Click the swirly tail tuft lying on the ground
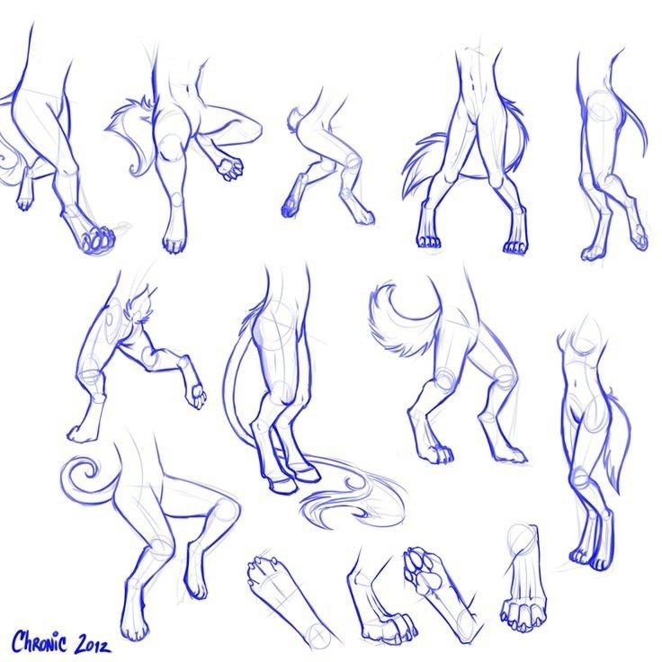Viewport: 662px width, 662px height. (353, 500)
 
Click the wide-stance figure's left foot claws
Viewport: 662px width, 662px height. (429, 242)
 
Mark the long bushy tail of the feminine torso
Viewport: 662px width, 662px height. (616, 443)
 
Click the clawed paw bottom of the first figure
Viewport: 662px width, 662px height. (97, 241)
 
